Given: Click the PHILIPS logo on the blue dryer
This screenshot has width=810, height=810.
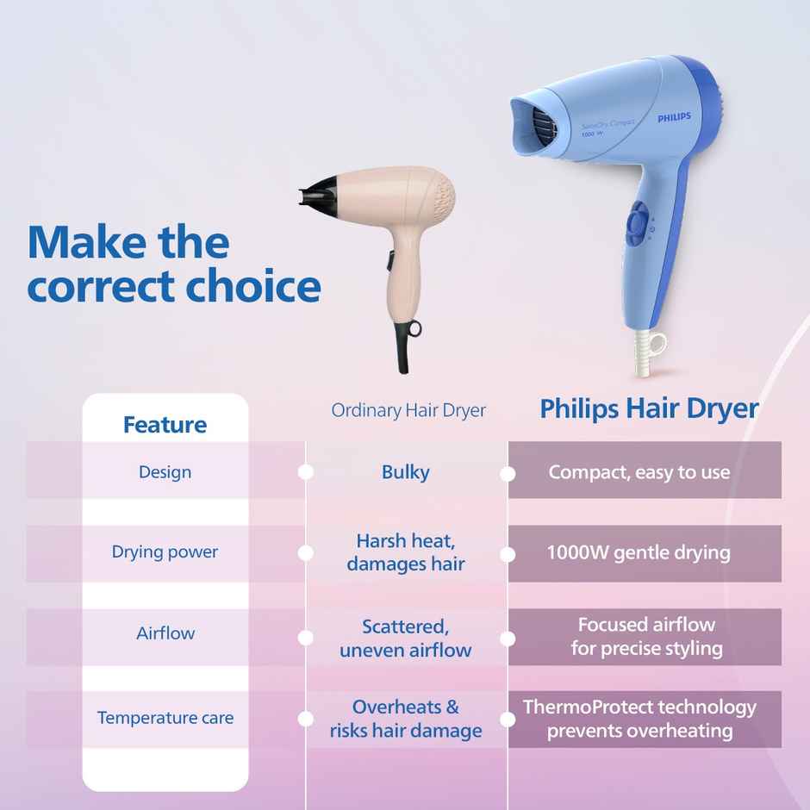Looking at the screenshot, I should pyautogui.click(x=674, y=117).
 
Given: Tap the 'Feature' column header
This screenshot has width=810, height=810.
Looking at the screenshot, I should pyautogui.click(x=165, y=425).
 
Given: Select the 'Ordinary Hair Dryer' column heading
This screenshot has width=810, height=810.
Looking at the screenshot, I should pyautogui.click(x=408, y=410).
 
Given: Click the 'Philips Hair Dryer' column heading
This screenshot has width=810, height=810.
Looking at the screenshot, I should pyautogui.click(x=649, y=408).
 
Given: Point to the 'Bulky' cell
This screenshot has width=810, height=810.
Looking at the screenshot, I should pyautogui.click(x=405, y=472).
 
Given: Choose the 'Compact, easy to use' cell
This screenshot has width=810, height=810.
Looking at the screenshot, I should pyautogui.click(x=639, y=472).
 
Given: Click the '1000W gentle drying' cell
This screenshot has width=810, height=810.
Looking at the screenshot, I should pyautogui.click(x=639, y=552).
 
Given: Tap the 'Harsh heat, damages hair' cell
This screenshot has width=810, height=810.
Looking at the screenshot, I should pyautogui.click(x=405, y=552).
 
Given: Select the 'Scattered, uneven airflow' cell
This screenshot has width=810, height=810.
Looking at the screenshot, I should pyautogui.click(x=405, y=638).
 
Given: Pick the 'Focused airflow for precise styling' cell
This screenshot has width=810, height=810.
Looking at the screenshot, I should pyautogui.click(x=646, y=636).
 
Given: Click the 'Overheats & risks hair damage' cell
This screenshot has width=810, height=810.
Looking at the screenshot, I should pyautogui.click(x=405, y=719).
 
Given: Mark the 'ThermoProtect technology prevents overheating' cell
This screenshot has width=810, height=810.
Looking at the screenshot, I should pyautogui.click(x=639, y=719).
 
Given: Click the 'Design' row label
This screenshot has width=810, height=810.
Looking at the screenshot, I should pyautogui.click(x=165, y=472).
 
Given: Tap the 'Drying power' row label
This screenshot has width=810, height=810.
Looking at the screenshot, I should pyautogui.click(x=165, y=552).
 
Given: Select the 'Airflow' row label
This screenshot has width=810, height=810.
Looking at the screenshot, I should pyautogui.click(x=165, y=633).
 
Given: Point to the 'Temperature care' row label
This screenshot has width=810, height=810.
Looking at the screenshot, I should pyautogui.click(x=165, y=718).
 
